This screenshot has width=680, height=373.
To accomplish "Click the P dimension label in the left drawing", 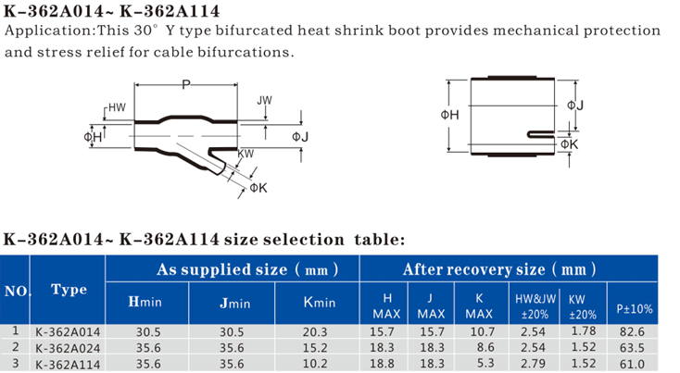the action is click(186, 84).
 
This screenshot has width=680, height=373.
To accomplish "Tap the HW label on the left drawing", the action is click(117, 107).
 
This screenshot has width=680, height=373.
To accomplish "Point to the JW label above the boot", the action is click(265, 101).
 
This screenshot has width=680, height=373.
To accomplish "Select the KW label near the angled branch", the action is click(246, 154).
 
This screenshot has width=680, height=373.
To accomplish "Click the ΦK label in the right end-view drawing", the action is click(570, 144).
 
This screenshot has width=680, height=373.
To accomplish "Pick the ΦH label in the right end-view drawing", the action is click(449, 115).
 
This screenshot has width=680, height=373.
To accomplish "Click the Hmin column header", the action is click(145, 302).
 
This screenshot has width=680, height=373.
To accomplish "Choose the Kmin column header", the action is click(320, 302).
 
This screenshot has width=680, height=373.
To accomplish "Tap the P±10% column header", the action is click(635, 309).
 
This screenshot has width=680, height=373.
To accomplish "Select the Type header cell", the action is click(69, 290).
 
